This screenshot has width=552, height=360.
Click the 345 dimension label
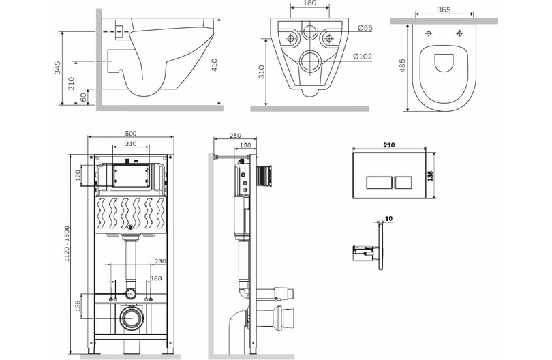pyautogui.click(x=57, y=67)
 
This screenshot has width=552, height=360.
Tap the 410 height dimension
pyautogui.click(x=215, y=65)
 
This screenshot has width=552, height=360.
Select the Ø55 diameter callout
pyautogui.click(x=365, y=28)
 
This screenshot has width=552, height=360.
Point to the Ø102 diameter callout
pyautogui.click(x=363, y=57)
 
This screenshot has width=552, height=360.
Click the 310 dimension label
pyautogui.click(x=261, y=72)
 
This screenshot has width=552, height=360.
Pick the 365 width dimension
pyautogui.click(x=444, y=10)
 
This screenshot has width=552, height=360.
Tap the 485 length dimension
pyautogui.click(x=403, y=65)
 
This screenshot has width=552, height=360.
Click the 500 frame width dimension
pyautogui.click(x=131, y=133)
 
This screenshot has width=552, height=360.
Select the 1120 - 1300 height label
pyautogui.click(x=67, y=244)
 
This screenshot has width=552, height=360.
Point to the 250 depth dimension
pyautogui.click(x=235, y=136)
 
